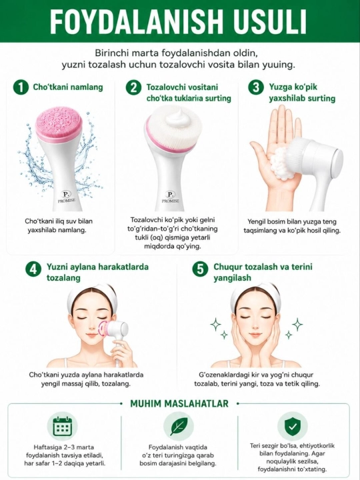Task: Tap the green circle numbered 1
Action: pyautogui.click(x=21, y=87)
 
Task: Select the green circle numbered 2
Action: pyautogui.click(x=133, y=87)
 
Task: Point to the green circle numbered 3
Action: pyautogui.click(x=255, y=87)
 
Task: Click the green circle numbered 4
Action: pyautogui.click(x=33, y=269)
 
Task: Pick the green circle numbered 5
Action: pyautogui.click(x=200, y=269)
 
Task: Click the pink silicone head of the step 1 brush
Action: pyautogui.click(x=59, y=124)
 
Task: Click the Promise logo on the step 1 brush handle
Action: pyautogui.click(x=66, y=197)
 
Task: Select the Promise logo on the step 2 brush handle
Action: pyautogui.click(x=170, y=197)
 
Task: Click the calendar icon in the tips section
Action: pyautogui.click(x=63, y=426)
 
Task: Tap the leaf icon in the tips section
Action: pyautogui.click(x=179, y=426)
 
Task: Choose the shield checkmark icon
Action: pyautogui.click(x=293, y=426)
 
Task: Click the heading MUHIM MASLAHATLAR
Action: pyautogui.click(x=179, y=403)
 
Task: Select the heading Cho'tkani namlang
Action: pyautogui.click(x=68, y=87)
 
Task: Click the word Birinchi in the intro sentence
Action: pyautogui.click(x=112, y=53)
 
